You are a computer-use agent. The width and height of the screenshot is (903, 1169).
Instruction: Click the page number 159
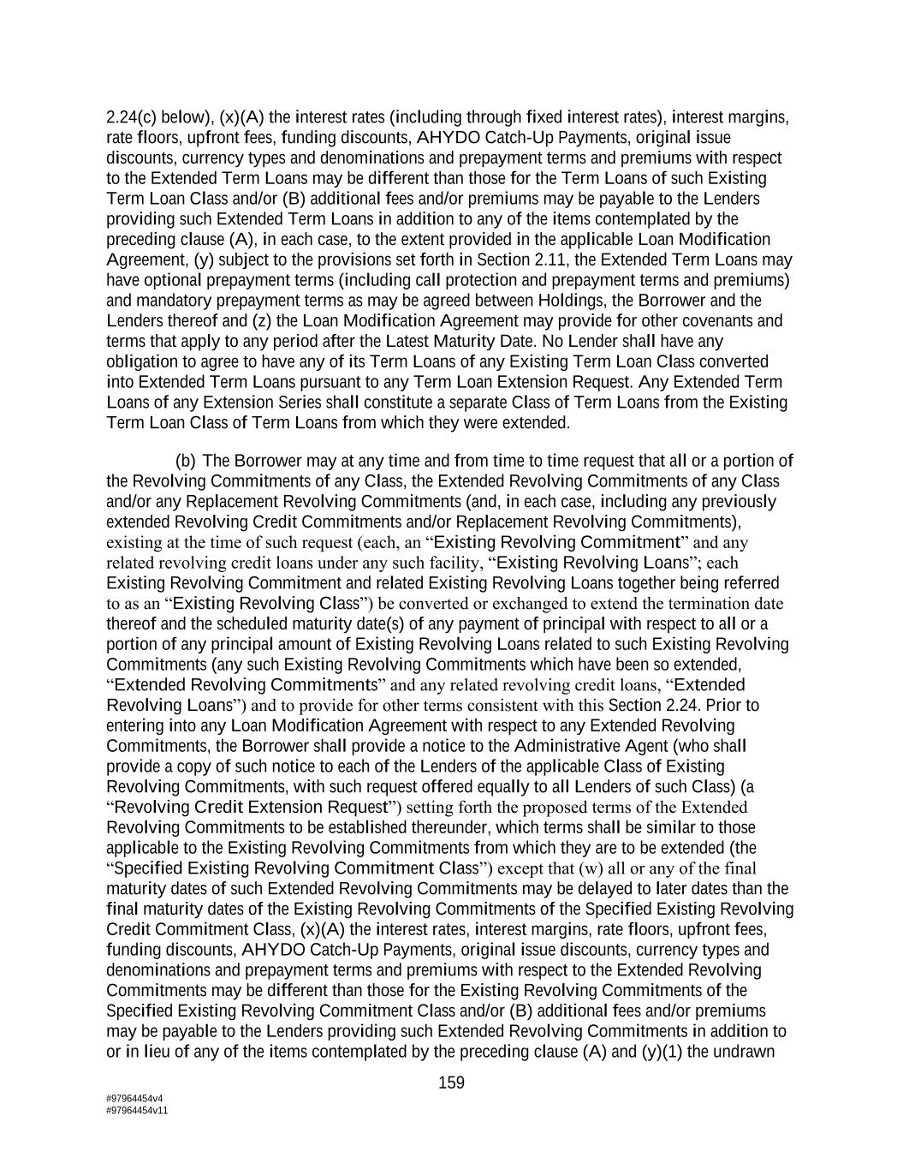click(451, 1083)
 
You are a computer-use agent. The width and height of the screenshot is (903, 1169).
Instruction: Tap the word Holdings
click(573, 301)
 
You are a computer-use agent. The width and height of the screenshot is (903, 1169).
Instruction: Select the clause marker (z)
click(260, 321)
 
